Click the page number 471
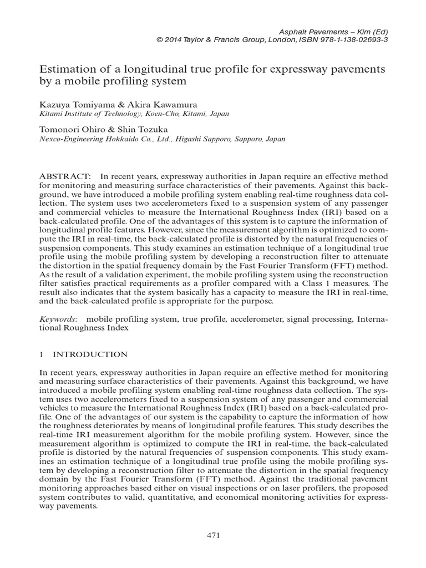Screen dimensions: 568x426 click(x=214, y=535)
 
